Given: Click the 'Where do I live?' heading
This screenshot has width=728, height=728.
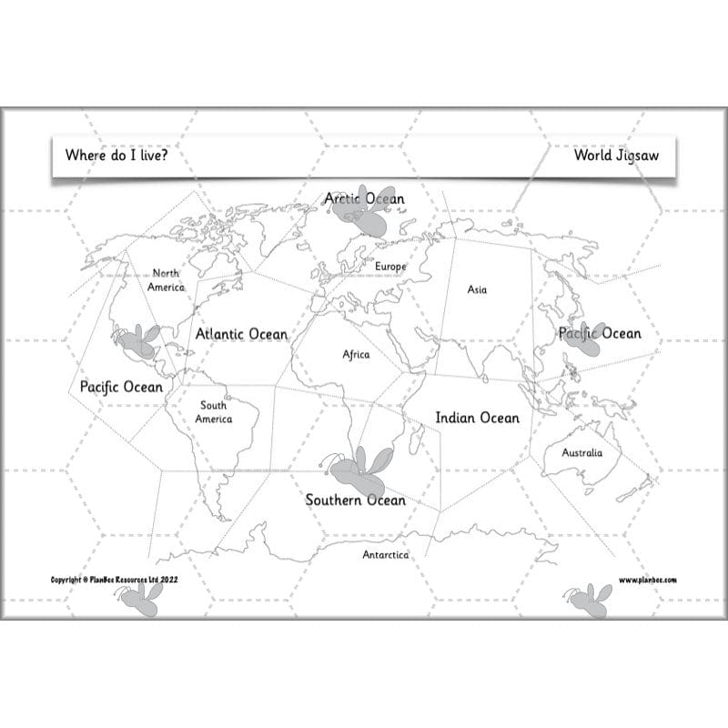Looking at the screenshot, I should pyautogui.click(x=116, y=155).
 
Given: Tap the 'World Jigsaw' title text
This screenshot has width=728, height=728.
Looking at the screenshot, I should pyautogui.click(x=615, y=155).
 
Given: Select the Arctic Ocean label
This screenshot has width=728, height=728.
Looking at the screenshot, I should pyautogui.click(x=364, y=198).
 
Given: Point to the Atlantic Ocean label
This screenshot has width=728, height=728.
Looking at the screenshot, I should pyautogui.click(x=241, y=334).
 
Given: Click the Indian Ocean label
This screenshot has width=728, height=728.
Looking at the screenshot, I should pyautogui.click(x=477, y=418).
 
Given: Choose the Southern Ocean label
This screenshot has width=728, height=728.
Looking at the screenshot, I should pyautogui.click(x=355, y=500).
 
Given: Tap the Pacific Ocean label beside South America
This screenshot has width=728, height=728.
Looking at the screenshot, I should pyautogui.click(x=121, y=387).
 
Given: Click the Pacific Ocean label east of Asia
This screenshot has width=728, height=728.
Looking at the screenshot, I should pyautogui.click(x=600, y=333).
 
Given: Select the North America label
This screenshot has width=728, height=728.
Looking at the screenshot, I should pyautogui.click(x=167, y=279).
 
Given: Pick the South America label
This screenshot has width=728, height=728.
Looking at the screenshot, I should pyautogui.click(x=214, y=412).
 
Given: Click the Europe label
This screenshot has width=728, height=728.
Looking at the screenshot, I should pyautogui.click(x=390, y=266).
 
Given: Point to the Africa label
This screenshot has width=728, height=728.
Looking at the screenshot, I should pyautogui.click(x=356, y=354).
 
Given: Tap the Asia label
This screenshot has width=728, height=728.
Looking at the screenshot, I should pyautogui.click(x=477, y=289).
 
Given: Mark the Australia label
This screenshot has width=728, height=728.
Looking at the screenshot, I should pyautogui.click(x=581, y=452).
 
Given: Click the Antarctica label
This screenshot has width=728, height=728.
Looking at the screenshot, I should pyautogui.click(x=386, y=554).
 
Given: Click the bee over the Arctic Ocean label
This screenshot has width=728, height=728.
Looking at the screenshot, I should pyautogui.click(x=361, y=212).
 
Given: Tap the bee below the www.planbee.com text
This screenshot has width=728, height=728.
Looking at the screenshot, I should pyautogui.click(x=588, y=600).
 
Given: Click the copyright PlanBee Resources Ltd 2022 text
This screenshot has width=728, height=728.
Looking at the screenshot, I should pyautogui.click(x=114, y=580).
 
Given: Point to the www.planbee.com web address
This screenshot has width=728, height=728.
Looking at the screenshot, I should pyautogui.click(x=648, y=580).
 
